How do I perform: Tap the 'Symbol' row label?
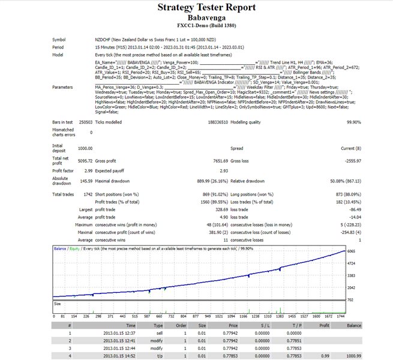(x=59, y=39)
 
